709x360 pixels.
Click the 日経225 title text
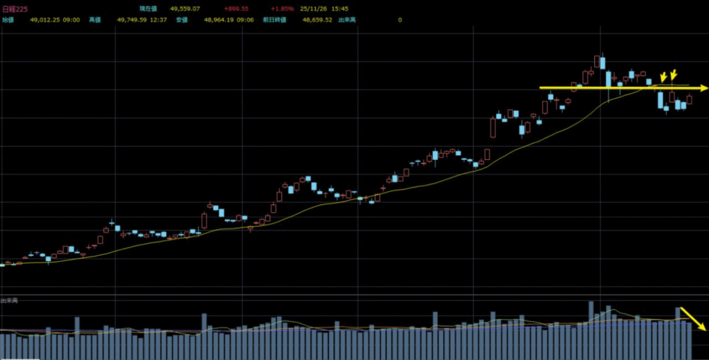pos(14,8)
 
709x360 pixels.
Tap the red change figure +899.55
pos(236,8)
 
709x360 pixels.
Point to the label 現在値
pos(147,8)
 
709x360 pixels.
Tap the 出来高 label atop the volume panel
pos(9,301)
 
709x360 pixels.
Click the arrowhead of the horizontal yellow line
pos(703,88)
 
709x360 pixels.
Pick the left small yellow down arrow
pos(663,77)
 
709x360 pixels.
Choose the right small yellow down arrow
pos(673,74)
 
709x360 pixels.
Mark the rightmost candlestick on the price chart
pos(690,100)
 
